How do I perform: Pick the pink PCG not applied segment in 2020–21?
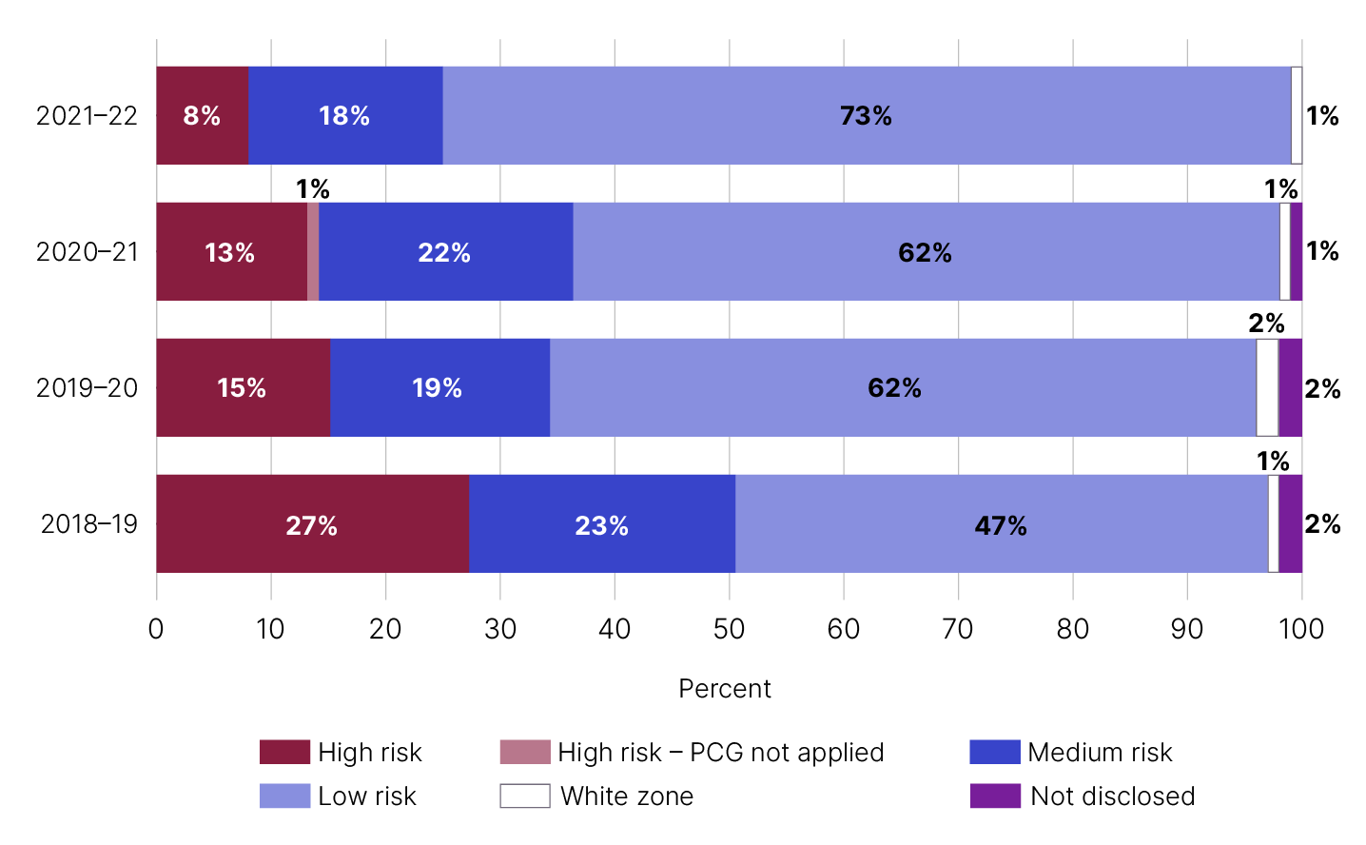pos(313,251)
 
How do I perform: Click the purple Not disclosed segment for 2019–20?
pos(1290,387)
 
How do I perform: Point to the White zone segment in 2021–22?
pos(1297,115)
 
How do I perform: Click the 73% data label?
pos(866,116)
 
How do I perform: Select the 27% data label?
pos(312,525)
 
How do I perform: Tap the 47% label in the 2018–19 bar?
pos(1001,525)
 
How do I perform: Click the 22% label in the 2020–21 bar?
pos(444,252)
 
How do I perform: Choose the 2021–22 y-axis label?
pos(87,116)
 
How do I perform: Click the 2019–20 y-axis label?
pos(87,388)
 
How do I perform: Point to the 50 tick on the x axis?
pos(729,629)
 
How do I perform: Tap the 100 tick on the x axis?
pos(1301,629)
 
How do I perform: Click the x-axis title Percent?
pos(725,689)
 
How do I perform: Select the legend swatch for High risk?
pos(284,752)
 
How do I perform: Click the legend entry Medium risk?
pos(1100,752)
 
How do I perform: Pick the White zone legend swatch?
pos(525,796)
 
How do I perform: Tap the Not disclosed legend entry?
pos(1112,796)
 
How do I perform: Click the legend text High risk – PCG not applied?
pos(720,752)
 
